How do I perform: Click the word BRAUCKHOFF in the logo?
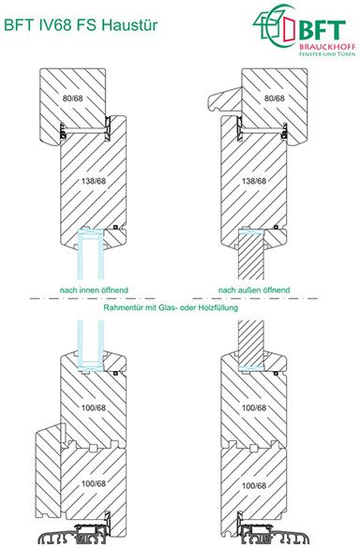point(327,47)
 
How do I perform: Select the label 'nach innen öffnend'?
point(94,290)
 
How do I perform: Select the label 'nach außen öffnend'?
point(254,290)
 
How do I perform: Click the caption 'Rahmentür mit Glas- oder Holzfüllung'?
point(171,308)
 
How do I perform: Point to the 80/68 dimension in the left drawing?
point(73,98)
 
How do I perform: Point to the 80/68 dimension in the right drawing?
point(275,98)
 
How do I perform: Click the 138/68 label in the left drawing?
point(94,181)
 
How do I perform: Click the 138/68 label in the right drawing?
point(254,181)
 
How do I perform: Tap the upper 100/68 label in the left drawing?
point(94,407)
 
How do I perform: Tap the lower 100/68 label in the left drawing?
point(94,483)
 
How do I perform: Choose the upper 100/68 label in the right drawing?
point(254,407)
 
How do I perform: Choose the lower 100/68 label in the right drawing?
point(254,486)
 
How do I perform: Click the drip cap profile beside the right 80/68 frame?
point(224,99)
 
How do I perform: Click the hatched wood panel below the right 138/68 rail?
point(251,257)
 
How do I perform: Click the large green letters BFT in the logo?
point(322,30)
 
